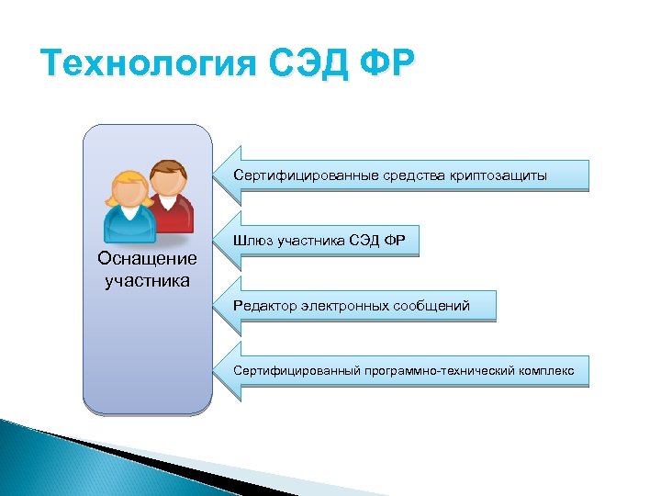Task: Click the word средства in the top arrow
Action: [384, 175]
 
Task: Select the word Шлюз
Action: [253, 241]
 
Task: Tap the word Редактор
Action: [264, 306]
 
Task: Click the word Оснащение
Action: [147, 259]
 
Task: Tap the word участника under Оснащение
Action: [147, 279]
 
